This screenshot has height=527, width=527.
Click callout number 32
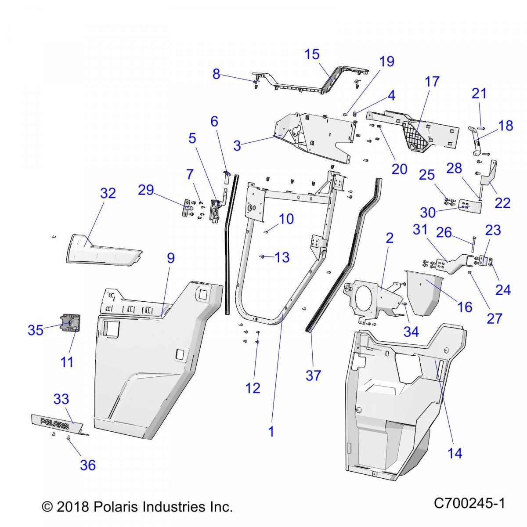point(108,193)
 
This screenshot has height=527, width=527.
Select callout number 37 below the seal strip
point(313,375)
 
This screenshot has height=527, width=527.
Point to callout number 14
point(455,453)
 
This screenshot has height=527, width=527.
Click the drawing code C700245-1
point(469,503)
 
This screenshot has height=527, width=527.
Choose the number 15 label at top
point(312,54)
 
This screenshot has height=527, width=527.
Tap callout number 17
point(432,82)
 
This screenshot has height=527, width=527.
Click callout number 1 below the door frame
point(271,431)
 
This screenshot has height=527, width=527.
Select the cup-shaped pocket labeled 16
point(423,292)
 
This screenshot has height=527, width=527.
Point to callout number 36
point(88,465)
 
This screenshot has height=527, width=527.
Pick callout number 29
point(146,190)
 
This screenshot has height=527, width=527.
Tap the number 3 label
point(237,146)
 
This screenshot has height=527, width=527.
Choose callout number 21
point(479,94)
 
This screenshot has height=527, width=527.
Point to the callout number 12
point(253,388)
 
